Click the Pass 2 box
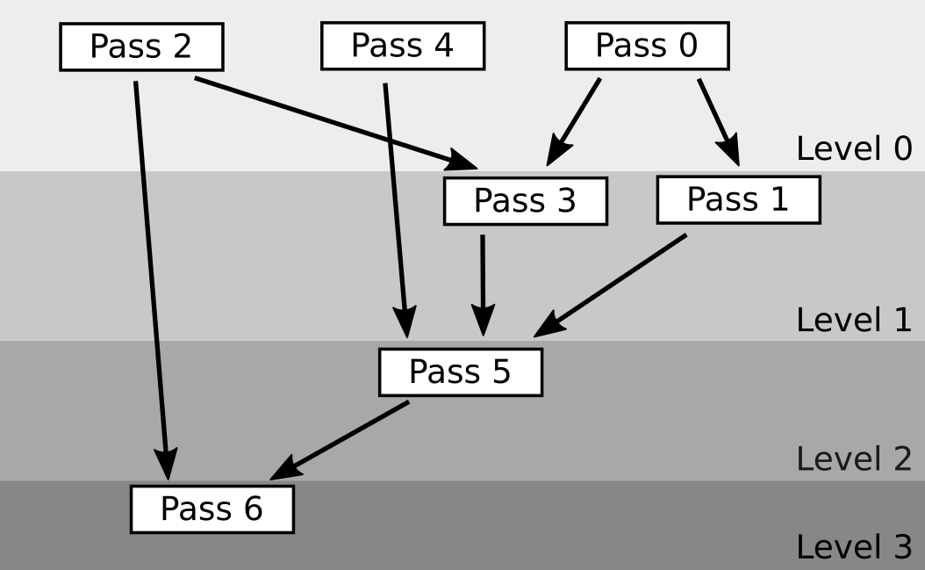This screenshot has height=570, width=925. tap(141, 47)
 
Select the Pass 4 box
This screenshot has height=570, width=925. tap(403, 46)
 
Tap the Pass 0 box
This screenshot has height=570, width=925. tap(647, 46)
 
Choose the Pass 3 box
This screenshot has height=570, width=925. tap(525, 201)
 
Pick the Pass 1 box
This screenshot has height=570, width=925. tap(738, 199)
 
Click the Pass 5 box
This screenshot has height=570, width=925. tap(460, 372)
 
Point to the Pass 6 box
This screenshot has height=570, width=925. tap(212, 509)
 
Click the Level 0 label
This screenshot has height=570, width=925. tap(853, 148)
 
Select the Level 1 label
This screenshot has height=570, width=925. tap(853, 320)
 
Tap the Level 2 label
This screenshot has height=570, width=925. tap(853, 458)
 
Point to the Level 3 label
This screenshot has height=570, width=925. tap(853, 548)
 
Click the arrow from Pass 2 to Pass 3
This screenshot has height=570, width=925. tap(333, 121)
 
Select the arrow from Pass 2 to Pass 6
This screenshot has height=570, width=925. tap(151, 281)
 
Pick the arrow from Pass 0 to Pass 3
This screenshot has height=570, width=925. tap(575, 120)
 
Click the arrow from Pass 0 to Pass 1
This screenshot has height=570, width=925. tap(719, 121)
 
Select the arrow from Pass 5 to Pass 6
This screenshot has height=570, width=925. tap(341, 440)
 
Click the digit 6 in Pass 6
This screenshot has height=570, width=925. tap(253, 509)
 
